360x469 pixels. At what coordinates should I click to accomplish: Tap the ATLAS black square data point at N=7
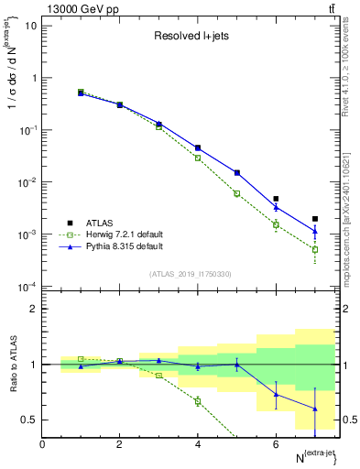point(315,219)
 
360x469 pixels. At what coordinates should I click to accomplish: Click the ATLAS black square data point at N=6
point(276,199)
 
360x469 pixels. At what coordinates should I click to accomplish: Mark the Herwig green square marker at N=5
point(236,193)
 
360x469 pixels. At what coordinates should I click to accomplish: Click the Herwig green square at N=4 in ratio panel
point(198,400)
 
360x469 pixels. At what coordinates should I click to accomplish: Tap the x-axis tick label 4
point(198,444)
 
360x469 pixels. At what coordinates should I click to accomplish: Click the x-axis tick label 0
point(42,444)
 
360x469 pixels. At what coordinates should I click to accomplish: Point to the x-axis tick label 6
point(276,444)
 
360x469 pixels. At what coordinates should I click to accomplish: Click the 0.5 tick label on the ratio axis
point(29,420)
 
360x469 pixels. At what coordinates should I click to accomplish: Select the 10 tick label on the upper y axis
point(29,25)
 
